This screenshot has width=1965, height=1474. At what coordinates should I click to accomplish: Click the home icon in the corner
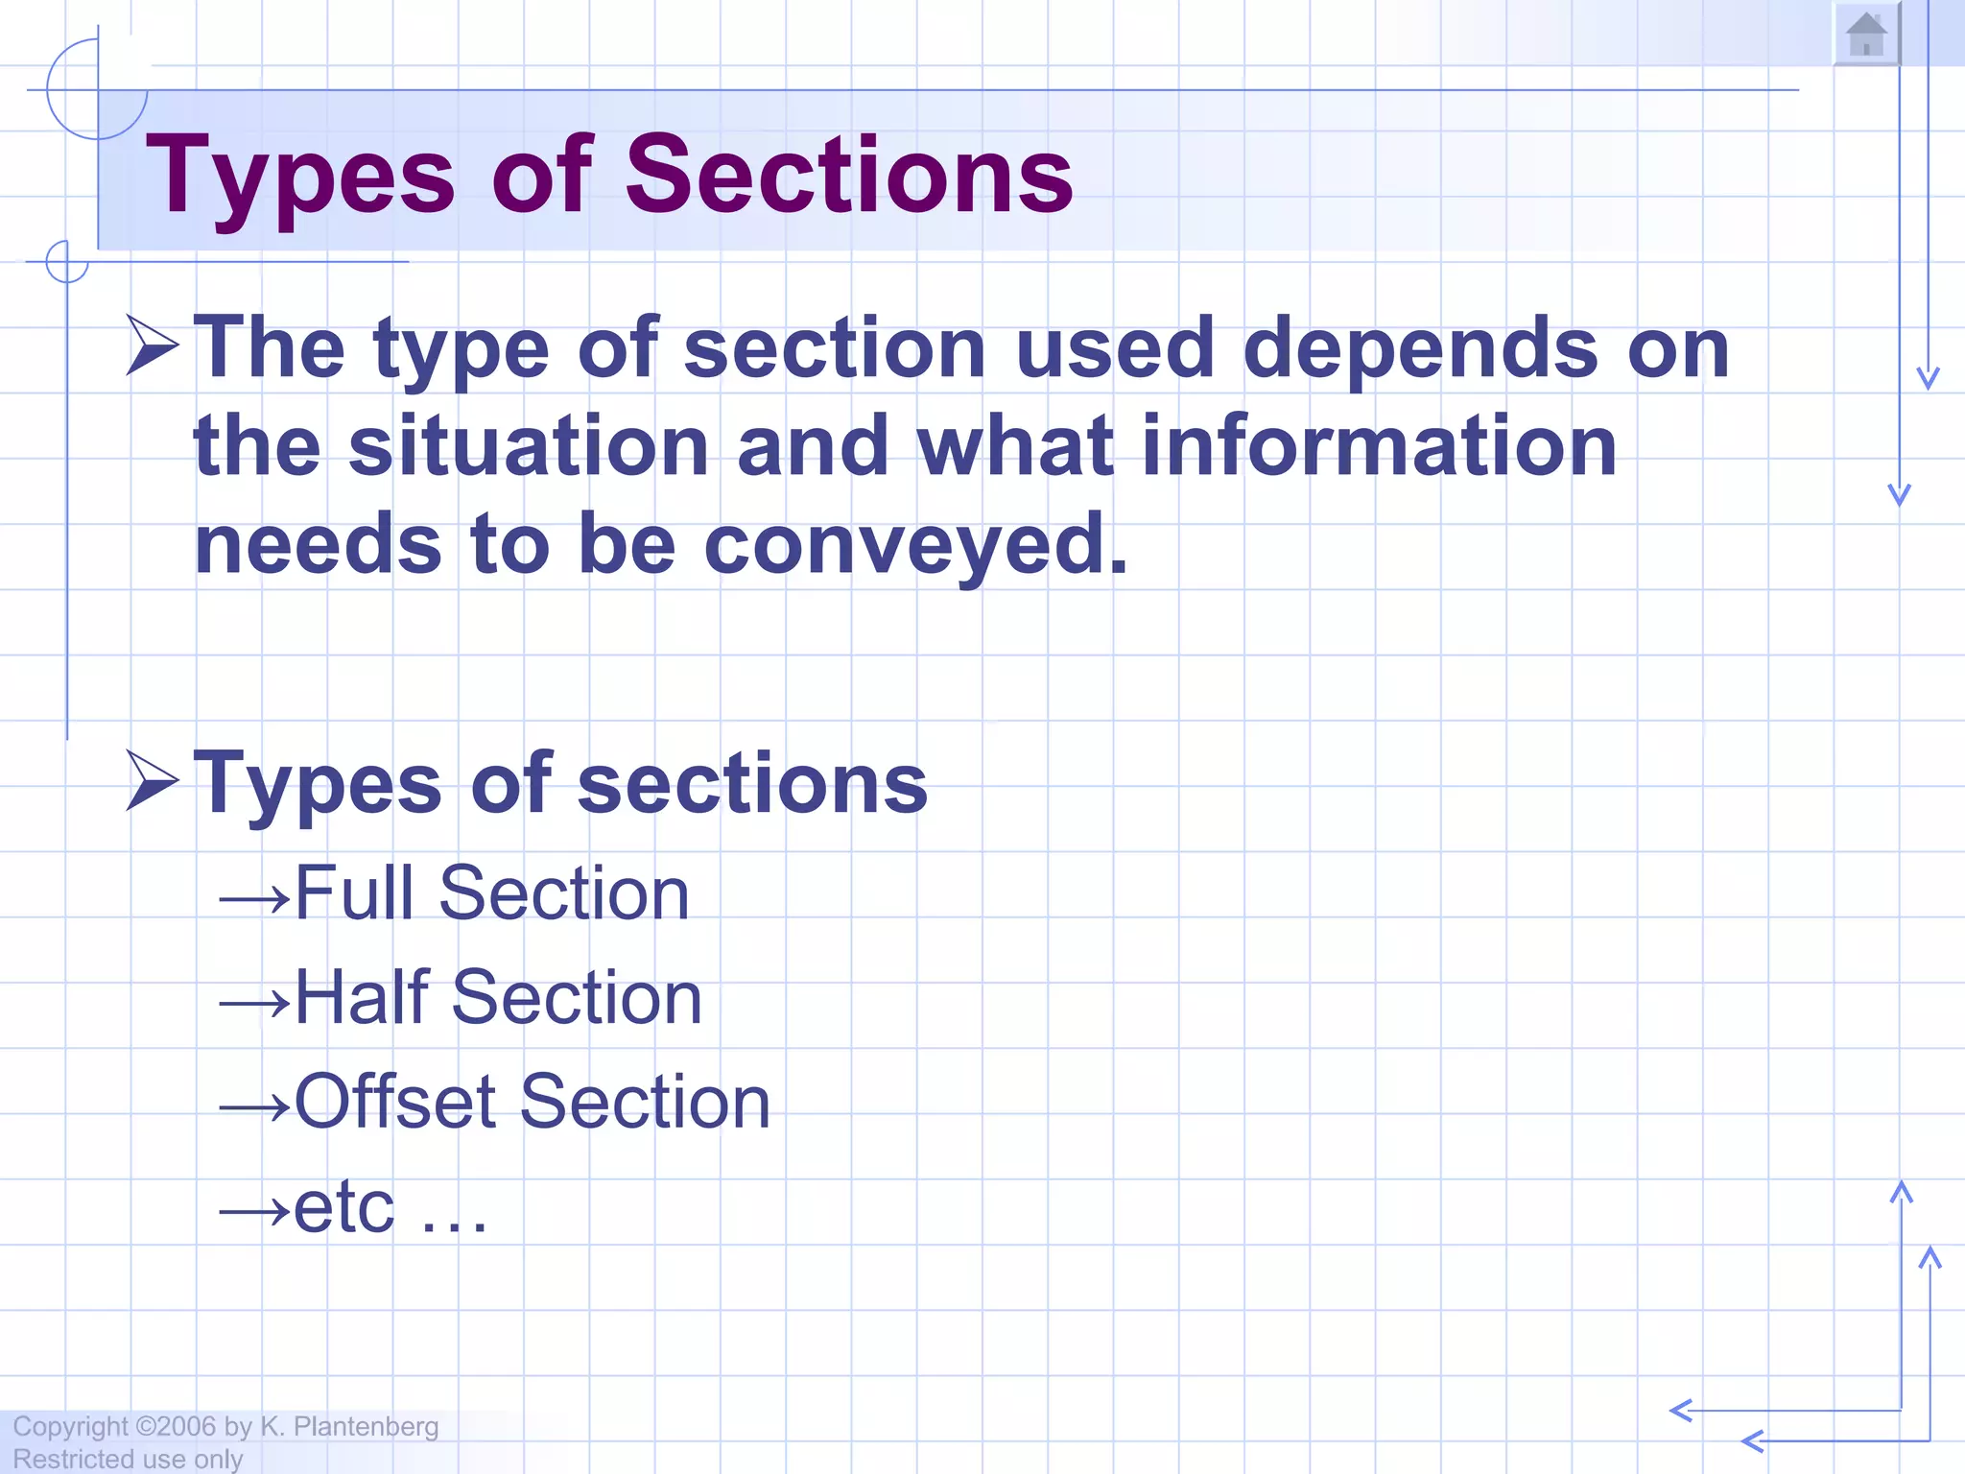tap(1866, 35)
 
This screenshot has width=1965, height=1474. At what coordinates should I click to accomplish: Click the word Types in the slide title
tap(300, 177)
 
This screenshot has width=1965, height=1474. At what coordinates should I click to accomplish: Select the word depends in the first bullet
tap(1420, 347)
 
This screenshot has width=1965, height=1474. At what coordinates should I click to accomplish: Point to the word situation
tap(529, 446)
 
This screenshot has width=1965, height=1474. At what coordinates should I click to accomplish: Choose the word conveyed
tap(916, 545)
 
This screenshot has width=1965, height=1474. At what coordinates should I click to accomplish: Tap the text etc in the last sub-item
tap(343, 1207)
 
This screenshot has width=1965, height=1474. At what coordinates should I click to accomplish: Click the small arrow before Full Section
tap(254, 899)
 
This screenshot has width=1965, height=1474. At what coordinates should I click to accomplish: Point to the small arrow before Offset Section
tap(254, 1108)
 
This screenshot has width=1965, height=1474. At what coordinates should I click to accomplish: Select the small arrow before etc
tap(254, 1212)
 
